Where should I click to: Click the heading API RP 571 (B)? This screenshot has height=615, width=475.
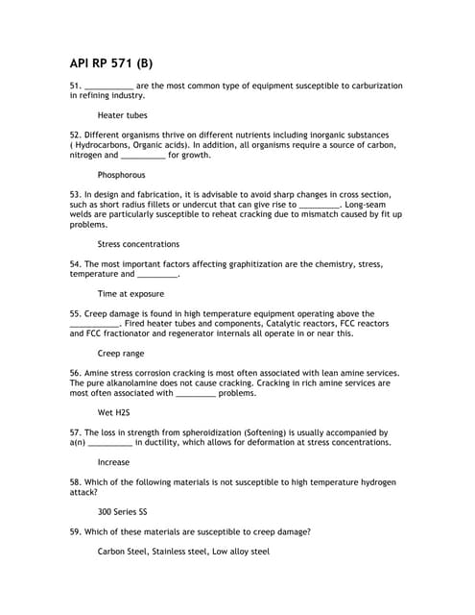[110, 64]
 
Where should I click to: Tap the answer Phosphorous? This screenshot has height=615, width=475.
[122, 175]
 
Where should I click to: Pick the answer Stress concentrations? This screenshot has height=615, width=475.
[138, 244]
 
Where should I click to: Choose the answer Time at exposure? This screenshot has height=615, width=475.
[131, 293]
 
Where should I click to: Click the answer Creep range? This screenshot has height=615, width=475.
[121, 353]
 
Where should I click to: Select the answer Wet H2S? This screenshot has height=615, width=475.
[113, 412]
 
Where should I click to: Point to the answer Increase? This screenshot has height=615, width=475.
[113, 462]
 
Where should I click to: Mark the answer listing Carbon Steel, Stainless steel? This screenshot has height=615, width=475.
[183, 552]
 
